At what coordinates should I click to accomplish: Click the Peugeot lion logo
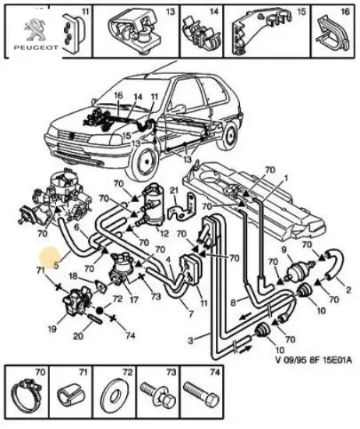coord(35,30)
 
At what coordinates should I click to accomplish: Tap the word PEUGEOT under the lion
coord(36,48)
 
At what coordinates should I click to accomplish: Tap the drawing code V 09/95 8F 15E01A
coord(313,360)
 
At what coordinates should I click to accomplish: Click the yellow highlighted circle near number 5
coord(49,257)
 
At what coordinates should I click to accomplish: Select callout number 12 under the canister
coord(164,234)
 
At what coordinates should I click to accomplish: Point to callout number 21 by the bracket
coord(174,191)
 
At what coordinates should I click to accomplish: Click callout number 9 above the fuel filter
coord(284,250)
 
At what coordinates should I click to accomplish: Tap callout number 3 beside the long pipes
coord(191,340)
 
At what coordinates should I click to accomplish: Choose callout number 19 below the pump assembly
coord(52,329)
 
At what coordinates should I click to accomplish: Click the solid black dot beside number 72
coord(100,310)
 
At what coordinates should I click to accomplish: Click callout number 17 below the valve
coord(134,300)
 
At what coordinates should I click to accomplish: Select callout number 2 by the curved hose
coord(348,289)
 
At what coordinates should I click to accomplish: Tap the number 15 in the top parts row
coord(301,12)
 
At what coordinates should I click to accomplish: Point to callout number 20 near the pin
coord(78,335)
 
